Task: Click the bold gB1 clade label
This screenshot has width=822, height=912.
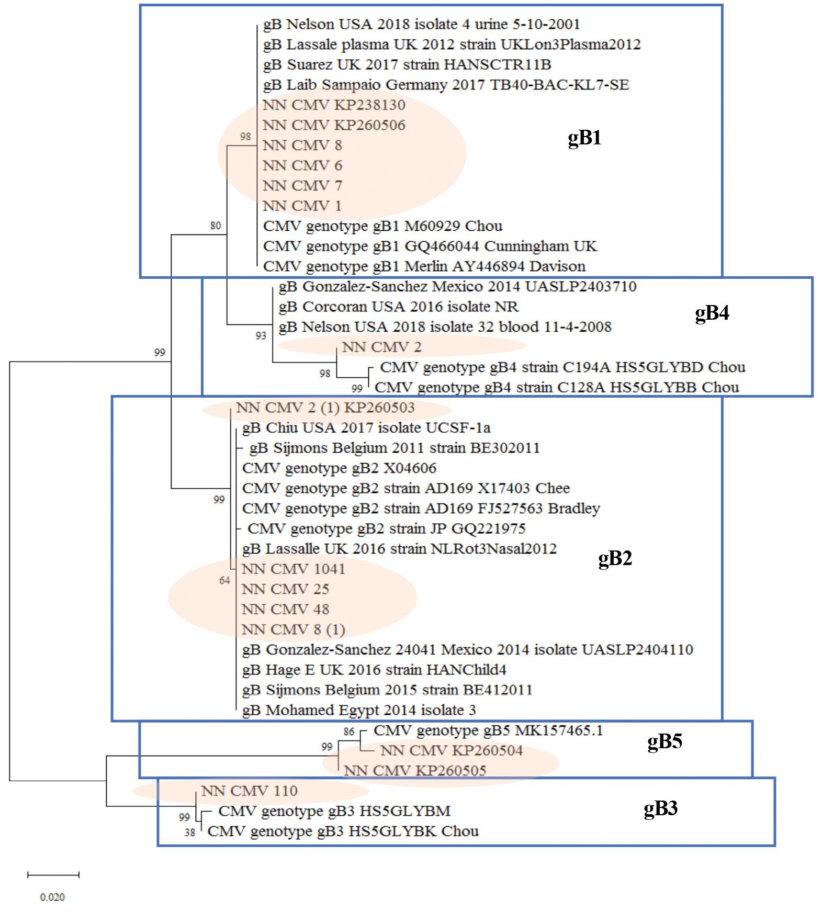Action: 584,138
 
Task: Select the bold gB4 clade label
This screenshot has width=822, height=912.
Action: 712,313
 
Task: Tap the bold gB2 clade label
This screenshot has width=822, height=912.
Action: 615,558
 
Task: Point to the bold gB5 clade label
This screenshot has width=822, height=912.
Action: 665,741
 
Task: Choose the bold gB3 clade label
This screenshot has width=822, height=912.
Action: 660,808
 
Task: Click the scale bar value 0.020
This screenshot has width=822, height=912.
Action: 52,897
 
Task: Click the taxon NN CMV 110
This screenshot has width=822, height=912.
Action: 249,791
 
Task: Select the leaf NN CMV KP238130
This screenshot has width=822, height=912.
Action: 334,105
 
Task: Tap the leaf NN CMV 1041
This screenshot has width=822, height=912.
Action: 294,569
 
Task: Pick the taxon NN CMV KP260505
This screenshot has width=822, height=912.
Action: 415,770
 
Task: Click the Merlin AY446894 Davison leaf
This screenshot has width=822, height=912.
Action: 424,266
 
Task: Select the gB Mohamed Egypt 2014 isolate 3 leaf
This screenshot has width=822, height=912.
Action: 358,710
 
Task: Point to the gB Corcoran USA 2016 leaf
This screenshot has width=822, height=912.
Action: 398,307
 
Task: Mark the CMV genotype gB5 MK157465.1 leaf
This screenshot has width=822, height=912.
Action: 488,730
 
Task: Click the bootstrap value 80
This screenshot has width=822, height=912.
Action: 216,226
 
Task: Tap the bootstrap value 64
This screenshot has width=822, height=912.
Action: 224,580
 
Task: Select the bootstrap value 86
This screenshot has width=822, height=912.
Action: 349,731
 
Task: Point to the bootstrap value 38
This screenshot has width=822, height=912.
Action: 189,832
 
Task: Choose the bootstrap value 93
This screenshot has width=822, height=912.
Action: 261,335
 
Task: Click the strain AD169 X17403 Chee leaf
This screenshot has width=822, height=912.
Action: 406,488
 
